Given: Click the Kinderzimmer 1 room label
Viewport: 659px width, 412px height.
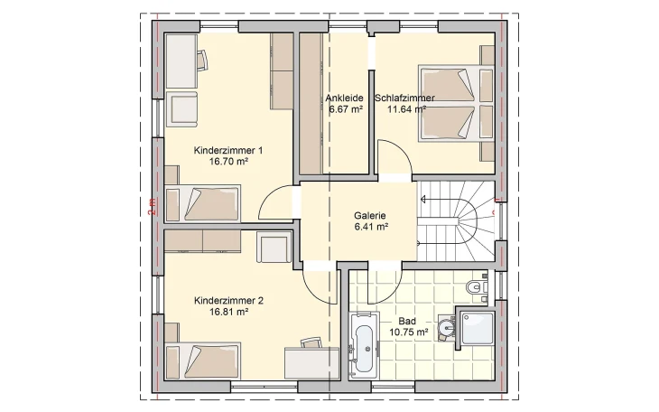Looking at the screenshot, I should click(x=227, y=150).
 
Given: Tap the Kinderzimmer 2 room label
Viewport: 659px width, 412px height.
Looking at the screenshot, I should click(x=227, y=300).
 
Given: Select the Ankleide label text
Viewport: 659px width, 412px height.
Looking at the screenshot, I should click(x=345, y=98).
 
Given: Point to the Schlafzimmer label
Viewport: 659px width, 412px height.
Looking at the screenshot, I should click(x=411, y=98).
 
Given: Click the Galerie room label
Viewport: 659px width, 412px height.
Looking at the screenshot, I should click(x=370, y=216).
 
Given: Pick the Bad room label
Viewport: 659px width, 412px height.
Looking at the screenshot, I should click(x=406, y=321).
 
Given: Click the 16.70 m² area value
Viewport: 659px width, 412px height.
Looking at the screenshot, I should click(x=227, y=162).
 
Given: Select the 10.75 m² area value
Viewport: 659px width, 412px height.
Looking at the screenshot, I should click(x=406, y=332).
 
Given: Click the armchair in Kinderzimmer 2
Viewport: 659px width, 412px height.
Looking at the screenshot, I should click(x=273, y=248).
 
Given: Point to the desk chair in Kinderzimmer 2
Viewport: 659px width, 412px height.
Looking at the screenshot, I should click(x=311, y=343).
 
